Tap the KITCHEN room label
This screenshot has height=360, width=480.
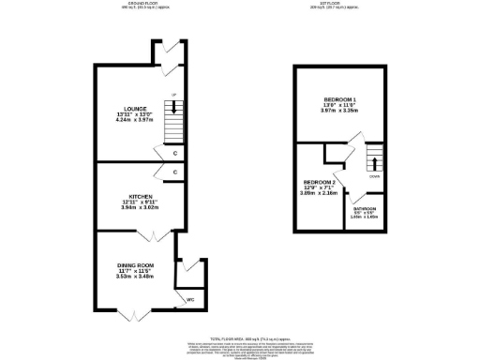coord(128,197)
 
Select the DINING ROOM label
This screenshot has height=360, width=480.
coord(134,266)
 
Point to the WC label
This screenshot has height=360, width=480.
coord(191,300)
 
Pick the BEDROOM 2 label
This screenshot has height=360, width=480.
coord(316,182)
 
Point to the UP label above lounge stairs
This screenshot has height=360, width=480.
coord(172,96)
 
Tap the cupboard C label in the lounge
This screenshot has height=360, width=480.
coord(176,152)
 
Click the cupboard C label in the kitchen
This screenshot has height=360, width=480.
coord(176,172)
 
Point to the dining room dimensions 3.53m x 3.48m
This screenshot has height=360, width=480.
coord(134,278)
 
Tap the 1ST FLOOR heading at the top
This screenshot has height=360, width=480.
coord(338,5)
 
